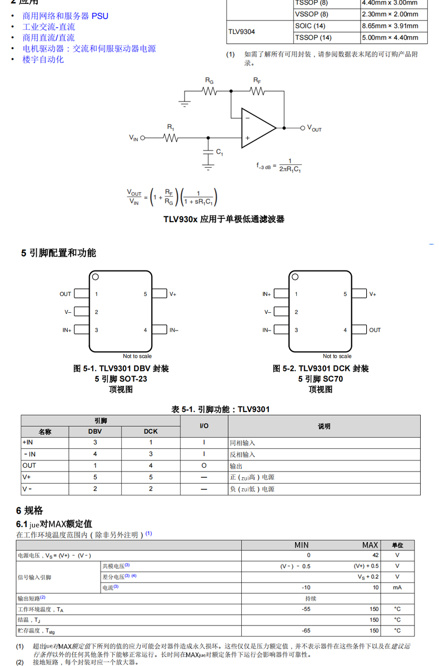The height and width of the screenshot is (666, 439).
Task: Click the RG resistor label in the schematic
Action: point(209,81)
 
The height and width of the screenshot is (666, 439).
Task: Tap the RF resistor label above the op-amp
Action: point(257,81)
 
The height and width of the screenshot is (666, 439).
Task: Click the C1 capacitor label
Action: point(219,152)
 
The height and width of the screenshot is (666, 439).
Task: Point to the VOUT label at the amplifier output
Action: point(314,128)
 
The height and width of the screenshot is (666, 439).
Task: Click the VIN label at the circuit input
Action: point(134,138)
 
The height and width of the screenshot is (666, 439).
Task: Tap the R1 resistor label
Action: point(171,127)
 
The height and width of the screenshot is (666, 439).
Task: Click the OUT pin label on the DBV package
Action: point(66,294)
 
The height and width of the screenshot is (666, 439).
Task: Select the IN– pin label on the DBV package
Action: point(173,330)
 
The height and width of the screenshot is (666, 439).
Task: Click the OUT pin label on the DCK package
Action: point(375,330)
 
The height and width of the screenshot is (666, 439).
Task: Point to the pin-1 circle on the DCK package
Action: point(295,277)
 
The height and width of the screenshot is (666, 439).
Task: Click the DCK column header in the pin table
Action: point(151,431)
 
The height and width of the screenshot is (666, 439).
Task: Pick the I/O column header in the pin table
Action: point(204,426)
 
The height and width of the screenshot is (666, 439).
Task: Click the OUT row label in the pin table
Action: point(29,465)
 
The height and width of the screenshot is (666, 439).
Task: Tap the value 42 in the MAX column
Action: point(375,555)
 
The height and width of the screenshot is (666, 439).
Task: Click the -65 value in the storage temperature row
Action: point(306,630)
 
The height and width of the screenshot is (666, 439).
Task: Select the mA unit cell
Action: point(397,587)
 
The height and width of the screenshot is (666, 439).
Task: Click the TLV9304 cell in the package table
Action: point(242,32)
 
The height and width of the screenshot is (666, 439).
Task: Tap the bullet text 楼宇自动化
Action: point(43,59)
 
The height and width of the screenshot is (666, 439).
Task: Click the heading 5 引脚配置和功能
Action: point(58,253)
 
